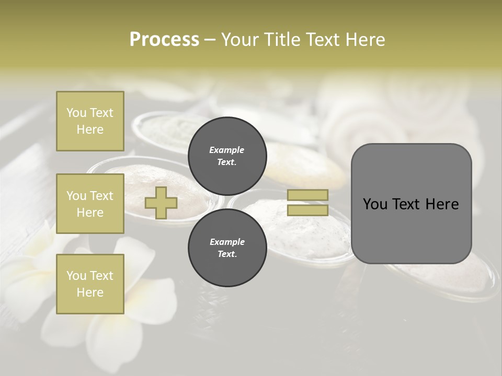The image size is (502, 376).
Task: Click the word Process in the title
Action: pos(164,39)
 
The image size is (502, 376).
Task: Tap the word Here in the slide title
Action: pos(366,39)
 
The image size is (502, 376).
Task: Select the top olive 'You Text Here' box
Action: pos(90,121)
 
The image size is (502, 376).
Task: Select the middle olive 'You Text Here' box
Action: pos(90,204)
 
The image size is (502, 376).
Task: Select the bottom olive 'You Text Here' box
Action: pos(90,284)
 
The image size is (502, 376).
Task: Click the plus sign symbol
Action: pos(161,203)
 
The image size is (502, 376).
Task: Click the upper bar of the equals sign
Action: pos(308,195)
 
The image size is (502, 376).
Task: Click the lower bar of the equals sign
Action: pos(308,210)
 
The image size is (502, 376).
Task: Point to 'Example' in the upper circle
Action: pos(227,150)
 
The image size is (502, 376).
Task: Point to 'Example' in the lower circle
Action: pos(227,242)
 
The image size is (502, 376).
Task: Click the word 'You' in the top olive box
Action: pos(76,113)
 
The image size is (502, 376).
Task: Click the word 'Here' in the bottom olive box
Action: pos(90,292)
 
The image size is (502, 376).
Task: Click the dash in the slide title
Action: pos(210,40)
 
